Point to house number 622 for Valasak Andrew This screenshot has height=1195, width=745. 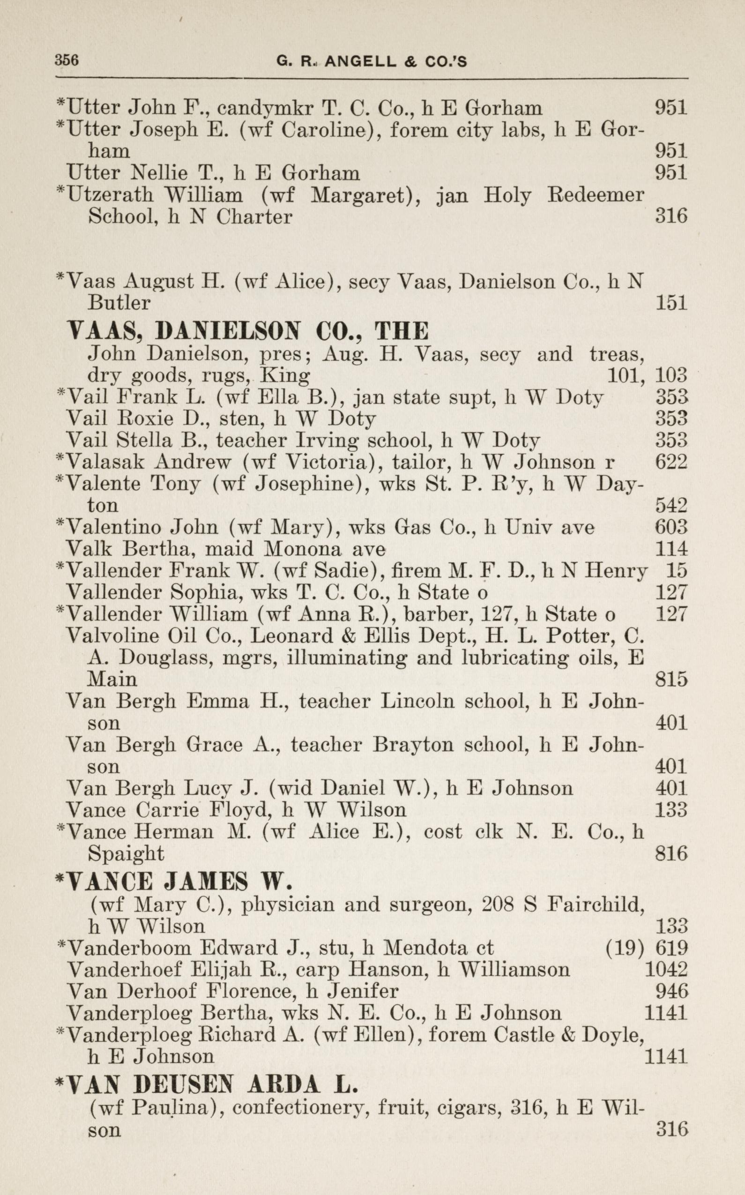pyautogui.click(x=671, y=462)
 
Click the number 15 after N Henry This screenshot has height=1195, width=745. pyautogui.click(x=676, y=571)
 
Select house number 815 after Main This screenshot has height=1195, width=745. pyautogui.click(x=671, y=680)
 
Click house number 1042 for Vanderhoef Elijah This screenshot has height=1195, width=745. pyautogui.click(x=666, y=969)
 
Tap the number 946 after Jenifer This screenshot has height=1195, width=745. pyautogui.click(x=671, y=991)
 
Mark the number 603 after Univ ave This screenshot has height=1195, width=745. pyautogui.click(x=671, y=527)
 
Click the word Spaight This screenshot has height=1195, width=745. pyautogui.click(x=126, y=853)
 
